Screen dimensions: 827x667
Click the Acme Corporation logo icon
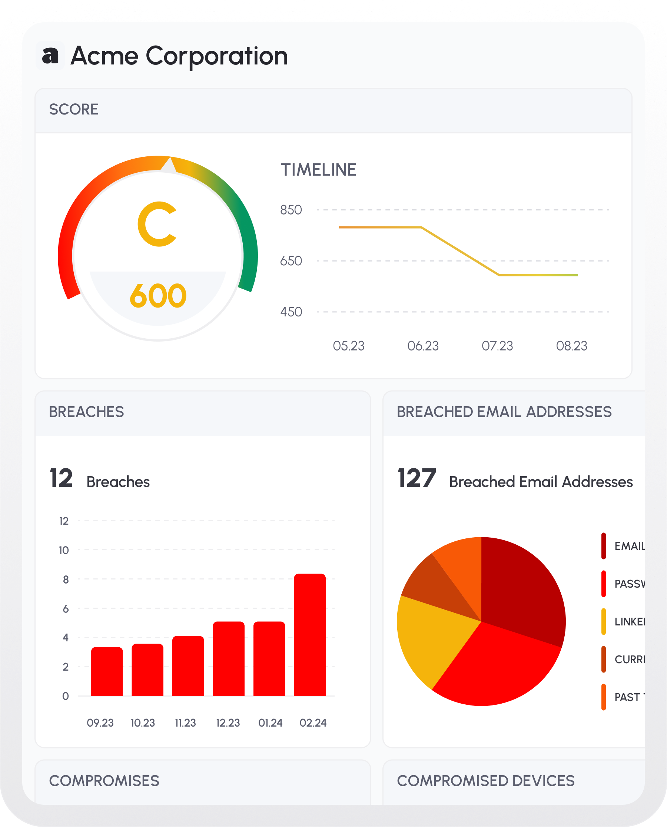pos(50,56)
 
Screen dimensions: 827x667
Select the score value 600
pos(158,296)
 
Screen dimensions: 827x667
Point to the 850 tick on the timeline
pos(291,210)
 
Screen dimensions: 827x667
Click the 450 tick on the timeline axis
pos(291,312)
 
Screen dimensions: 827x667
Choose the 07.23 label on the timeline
pos(497,346)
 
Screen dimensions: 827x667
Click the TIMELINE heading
pos(318,170)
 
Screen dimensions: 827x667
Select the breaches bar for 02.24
pos(310,635)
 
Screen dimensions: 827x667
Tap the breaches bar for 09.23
pos(107,671)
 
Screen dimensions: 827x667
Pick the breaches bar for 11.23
pos(188,666)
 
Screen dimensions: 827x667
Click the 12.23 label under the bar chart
pos(228,723)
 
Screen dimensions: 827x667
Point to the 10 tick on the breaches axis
pos(64,551)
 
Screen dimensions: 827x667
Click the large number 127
pos(417,478)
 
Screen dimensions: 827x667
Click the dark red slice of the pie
pos(519,588)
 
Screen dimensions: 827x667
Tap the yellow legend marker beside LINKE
pos(604,621)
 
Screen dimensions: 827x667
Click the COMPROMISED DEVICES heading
pos(486,781)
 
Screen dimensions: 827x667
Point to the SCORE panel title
pos(74,109)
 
